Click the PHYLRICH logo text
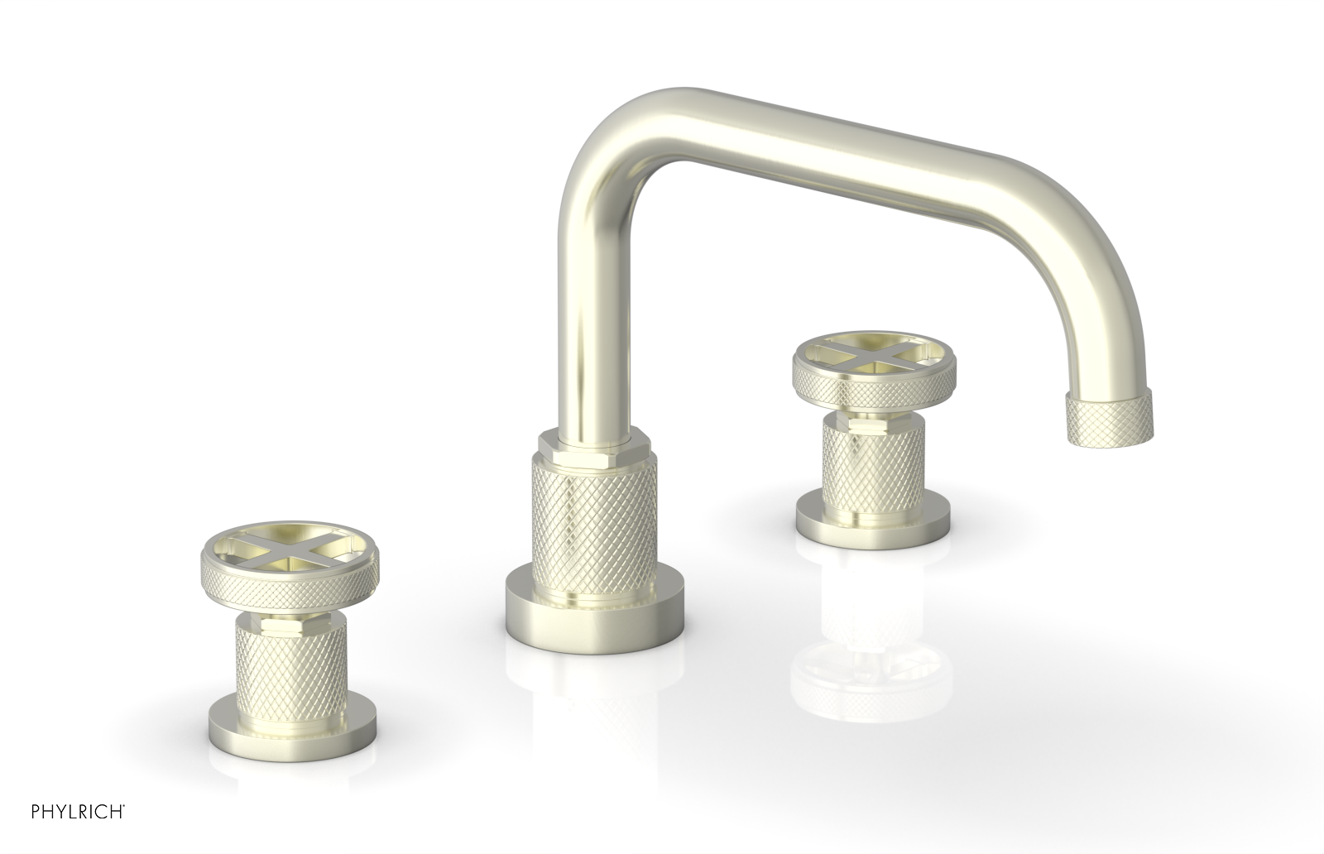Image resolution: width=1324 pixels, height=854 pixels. point(64,830)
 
